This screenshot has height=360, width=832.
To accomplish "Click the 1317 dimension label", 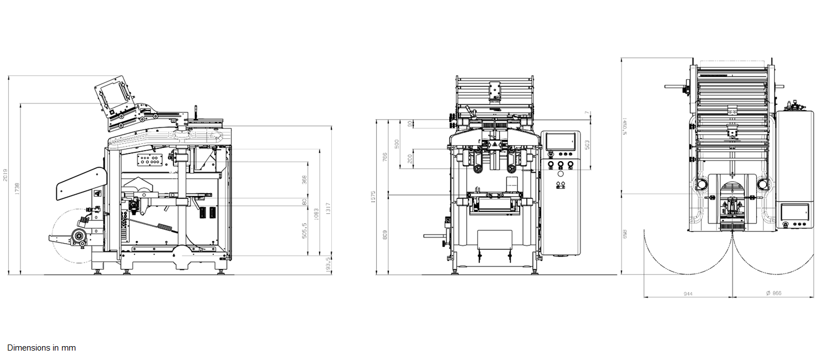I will [328, 208].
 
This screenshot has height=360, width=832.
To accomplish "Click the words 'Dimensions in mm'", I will [42, 348].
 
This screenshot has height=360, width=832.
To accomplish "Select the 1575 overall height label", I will [373, 196].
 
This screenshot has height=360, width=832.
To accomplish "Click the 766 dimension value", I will [385, 157].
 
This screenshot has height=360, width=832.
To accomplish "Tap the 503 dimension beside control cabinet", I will [587, 144].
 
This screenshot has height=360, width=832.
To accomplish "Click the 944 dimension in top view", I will [688, 294].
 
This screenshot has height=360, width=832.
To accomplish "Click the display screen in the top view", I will [795, 212].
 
